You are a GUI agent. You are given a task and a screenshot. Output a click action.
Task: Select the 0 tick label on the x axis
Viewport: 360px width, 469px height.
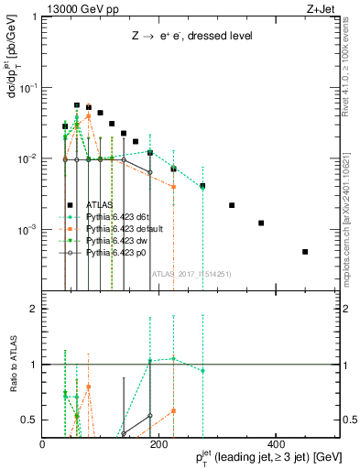pyautogui.click(x=43, y=443)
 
